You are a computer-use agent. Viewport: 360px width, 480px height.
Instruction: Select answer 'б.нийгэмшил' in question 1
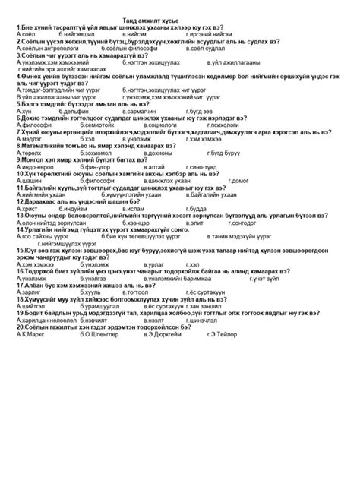pyautogui.click(x=77, y=34)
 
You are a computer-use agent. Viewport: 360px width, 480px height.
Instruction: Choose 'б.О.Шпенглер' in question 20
pyautogui.click(x=87, y=333)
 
